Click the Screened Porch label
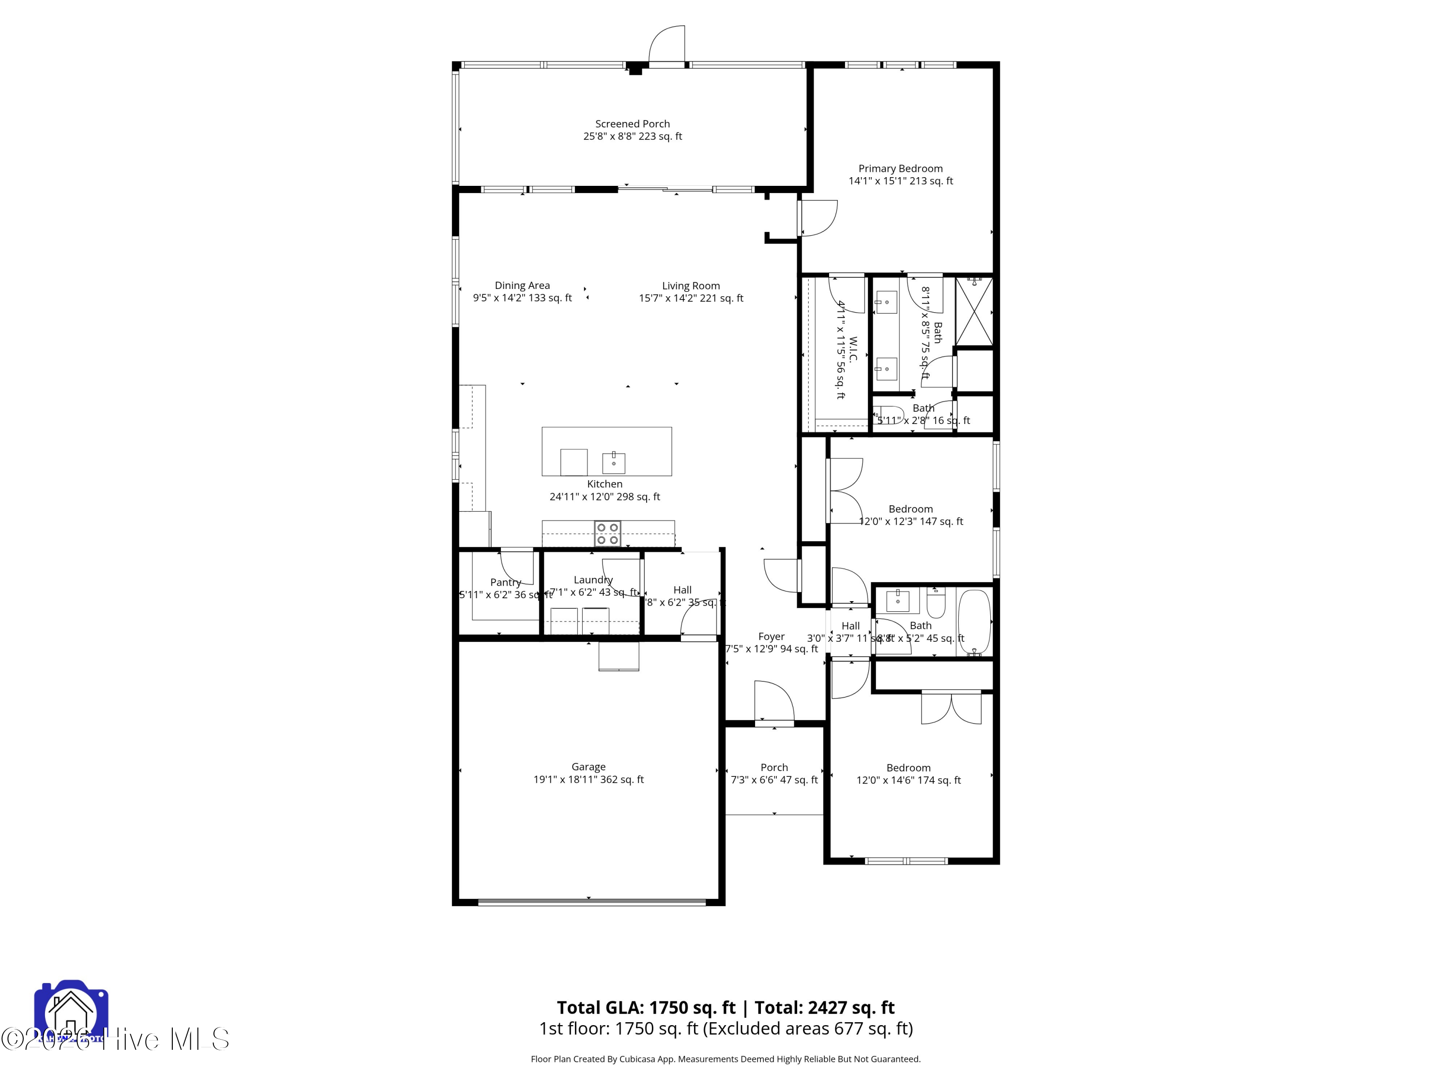point(632,123)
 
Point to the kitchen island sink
point(614,463)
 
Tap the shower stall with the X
point(973,311)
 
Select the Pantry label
point(505,582)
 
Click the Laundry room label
point(593,580)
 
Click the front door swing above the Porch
point(774,702)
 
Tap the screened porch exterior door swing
point(667,45)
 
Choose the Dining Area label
point(522,285)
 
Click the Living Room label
point(691,286)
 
